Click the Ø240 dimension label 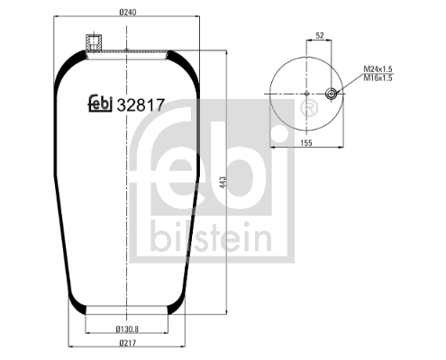(x=126, y=13)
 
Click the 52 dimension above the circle (x=319, y=36)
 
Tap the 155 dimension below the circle (x=306, y=142)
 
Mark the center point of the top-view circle (x=306, y=94)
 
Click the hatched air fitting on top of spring (x=91, y=42)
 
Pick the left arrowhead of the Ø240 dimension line (x=55, y=21)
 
